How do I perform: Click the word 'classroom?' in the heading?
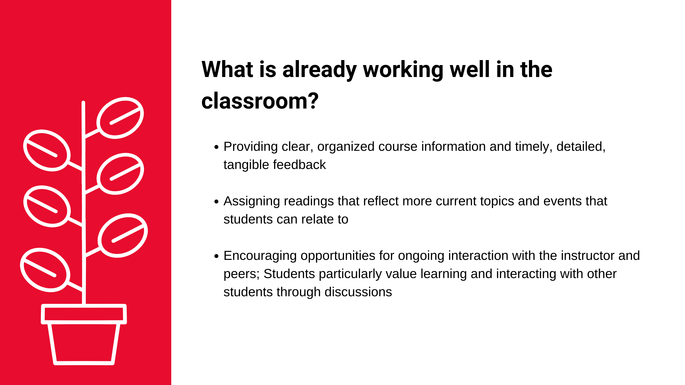tap(260, 101)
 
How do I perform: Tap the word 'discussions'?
tap(358, 292)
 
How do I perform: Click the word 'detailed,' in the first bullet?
tap(581, 147)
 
